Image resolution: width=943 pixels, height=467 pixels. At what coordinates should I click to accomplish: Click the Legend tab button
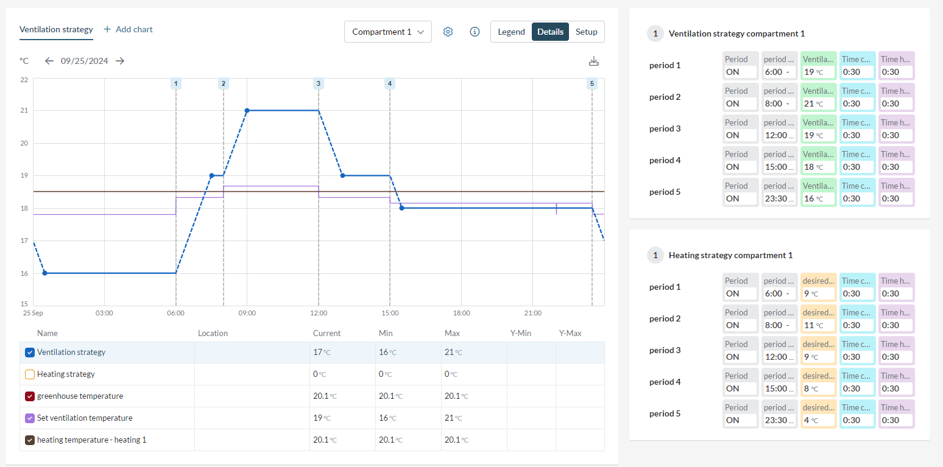(511, 32)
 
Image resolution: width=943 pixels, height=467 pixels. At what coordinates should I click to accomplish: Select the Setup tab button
(586, 32)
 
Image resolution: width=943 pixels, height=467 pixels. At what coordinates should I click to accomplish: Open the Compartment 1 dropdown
(387, 32)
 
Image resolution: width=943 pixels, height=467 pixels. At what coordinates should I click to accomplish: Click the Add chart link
(128, 29)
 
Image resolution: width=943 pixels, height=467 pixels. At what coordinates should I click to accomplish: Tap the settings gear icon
(448, 32)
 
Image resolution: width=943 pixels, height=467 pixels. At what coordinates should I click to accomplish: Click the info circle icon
(475, 32)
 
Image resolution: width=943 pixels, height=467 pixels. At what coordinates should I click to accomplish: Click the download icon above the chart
(594, 61)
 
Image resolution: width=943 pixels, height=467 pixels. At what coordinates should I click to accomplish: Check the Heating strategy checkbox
(30, 374)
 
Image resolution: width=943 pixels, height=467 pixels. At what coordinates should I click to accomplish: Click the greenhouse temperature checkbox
(30, 396)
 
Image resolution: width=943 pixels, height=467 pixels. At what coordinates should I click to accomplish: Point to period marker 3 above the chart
(318, 83)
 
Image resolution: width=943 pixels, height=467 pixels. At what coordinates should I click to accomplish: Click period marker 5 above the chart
(592, 83)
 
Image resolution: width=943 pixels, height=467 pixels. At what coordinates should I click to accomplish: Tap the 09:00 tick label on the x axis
(247, 313)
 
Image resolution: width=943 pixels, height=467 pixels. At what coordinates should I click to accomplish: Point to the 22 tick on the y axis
(24, 80)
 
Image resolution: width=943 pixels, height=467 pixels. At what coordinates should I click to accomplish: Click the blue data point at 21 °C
(247, 111)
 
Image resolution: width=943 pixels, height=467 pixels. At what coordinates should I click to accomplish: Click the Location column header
(213, 334)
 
